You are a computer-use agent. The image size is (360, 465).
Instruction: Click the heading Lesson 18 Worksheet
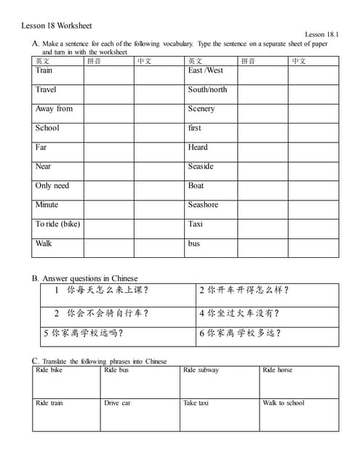pyautogui.click(x=57, y=26)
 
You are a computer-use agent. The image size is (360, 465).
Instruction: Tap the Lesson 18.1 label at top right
pyautogui.click(x=322, y=35)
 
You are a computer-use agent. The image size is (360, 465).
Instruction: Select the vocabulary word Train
pyautogui.click(x=44, y=70)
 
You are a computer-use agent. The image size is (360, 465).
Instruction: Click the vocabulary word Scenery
pyautogui.click(x=201, y=109)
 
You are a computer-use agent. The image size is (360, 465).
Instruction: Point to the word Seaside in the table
pyautogui.click(x=201, y=166)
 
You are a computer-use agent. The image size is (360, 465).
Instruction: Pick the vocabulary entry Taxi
pyautogui.click(x=195, y=224)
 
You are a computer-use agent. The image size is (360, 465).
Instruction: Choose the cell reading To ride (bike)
pyautogui.click(x=57, y=224)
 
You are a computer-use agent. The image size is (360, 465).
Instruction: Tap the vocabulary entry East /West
pyautogui.click(x=206, y=70)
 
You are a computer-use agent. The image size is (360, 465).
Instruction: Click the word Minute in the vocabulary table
pyautogui.click(x=47, y=205)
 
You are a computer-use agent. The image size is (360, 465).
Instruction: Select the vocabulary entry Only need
pyautogui.click(x=52, y=186)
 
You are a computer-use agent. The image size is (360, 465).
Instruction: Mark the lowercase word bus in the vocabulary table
pyautogui.click(x=193, y=243)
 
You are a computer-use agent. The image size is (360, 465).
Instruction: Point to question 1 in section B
pyautogui.click(x=102, y=291)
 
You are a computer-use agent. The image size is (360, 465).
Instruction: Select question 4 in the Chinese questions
pyautogui.click(x=239, y=314)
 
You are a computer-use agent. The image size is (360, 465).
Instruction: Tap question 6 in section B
pyautogui.click(x=240, y=333)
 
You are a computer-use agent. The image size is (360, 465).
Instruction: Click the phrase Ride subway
pyautogui.click(x=201, y=371)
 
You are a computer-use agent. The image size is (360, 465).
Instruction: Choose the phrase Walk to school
pyautogui.click(x=284, y=403)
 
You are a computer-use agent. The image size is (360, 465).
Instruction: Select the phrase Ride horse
pyautogui.click(x=277, y=371)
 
